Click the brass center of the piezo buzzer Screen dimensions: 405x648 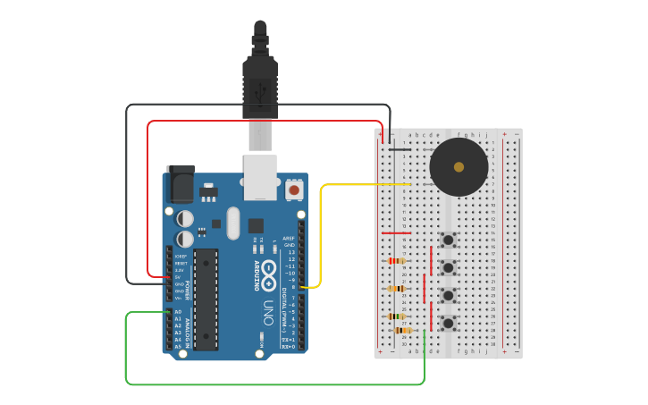(459, 167)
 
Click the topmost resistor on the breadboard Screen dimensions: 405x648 (396, 261)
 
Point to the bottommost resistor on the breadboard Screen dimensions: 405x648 (401, 330)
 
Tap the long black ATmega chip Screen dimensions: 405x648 (206, 299)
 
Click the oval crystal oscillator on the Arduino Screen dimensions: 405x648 (233, 224)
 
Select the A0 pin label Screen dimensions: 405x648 (178, 312)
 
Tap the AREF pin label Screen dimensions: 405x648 (289, 239)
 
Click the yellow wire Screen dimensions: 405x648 (321, 232)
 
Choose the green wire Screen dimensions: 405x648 (268, 384)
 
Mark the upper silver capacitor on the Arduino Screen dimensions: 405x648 (185, 218)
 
